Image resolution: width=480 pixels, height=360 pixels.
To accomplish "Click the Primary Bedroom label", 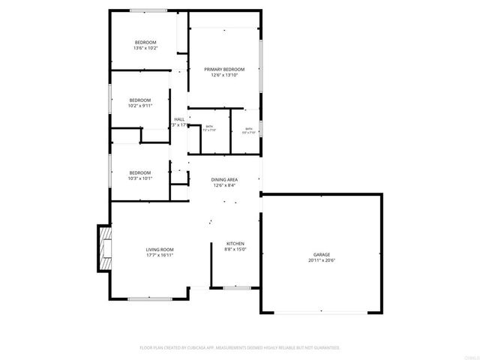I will [x=225, y=69].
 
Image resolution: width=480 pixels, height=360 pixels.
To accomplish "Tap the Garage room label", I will [x=320, y=255].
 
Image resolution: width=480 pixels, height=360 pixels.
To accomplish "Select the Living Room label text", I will [x=160, y=249].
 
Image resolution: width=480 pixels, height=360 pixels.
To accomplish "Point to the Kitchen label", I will [x=235, y=244].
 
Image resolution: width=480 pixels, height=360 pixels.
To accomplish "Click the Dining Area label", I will [x=224, y=179].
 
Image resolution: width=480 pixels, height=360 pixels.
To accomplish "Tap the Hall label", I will [x=179, y=119].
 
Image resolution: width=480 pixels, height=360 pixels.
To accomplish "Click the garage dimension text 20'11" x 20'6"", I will [x=320, y=261].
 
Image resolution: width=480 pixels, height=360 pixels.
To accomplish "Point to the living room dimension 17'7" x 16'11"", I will [x=160, y=255].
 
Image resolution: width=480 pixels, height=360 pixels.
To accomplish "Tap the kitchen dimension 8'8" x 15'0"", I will [x=235, y=250].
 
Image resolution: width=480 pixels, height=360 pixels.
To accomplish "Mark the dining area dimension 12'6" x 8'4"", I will [x=224, y=185].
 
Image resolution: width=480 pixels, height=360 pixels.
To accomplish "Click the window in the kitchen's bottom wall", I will [x=235, y=286].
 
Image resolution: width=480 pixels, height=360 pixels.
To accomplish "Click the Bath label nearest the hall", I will [x=210, y=129].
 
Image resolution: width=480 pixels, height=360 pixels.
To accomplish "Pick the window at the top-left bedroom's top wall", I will [x=148, y=10].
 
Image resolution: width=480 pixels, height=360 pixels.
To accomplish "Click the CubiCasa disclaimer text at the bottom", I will [x=240, y=348].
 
